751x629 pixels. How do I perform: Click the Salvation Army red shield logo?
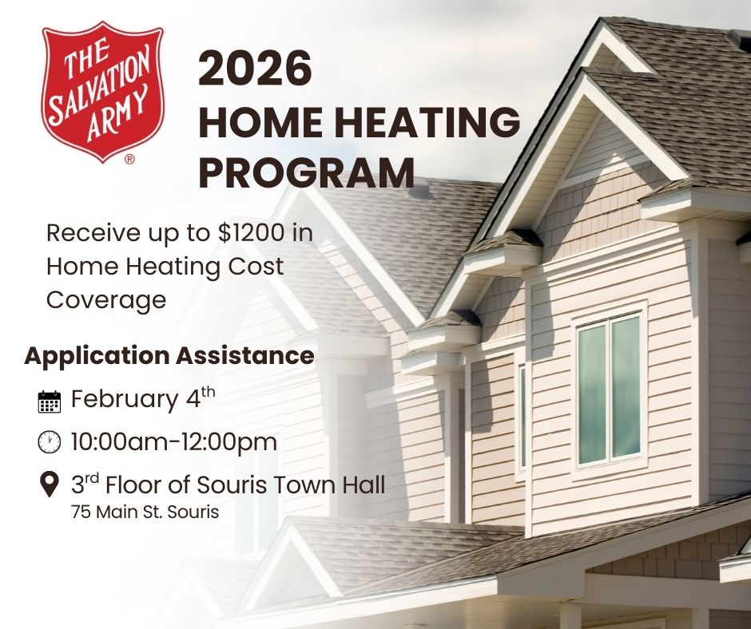tap(103, 91)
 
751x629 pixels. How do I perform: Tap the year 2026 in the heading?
tap(255, 69)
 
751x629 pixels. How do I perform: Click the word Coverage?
tap(106, 301)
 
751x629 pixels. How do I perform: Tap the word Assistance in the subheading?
tap(244, 356)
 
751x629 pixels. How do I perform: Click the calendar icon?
tap(50, 402)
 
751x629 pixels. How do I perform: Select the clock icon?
tap(50, 442)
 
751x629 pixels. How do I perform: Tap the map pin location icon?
tap(50, 485)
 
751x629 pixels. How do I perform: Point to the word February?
tap(124, 399)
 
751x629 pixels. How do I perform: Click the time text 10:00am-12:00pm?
tap(174, 441)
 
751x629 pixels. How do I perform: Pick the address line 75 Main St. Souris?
tap(145, 512)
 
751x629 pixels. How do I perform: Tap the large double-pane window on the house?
tap(610, 390)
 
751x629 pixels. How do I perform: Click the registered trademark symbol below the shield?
tap(129, 160)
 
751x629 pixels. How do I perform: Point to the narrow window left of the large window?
tap(522, 416)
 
